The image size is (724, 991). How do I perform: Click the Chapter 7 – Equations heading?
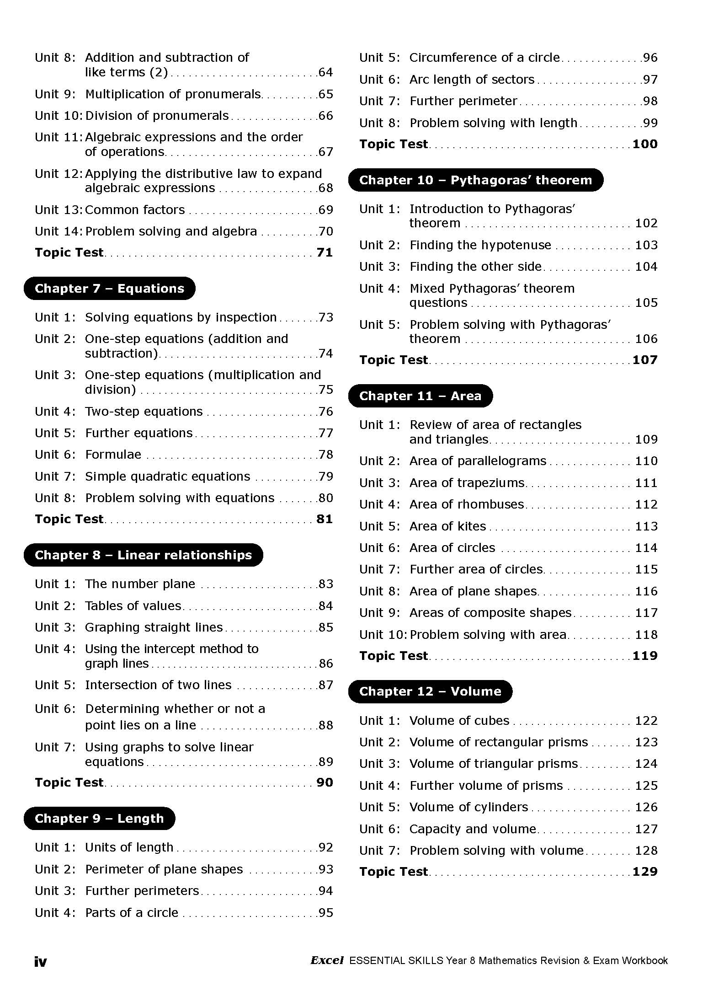coord(109,289)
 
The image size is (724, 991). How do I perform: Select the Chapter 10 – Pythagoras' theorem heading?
coord(475,180)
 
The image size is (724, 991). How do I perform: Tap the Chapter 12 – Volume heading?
coord(430,691)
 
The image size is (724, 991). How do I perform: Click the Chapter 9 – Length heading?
coord(99,819)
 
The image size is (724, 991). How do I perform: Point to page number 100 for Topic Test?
coord(644,144)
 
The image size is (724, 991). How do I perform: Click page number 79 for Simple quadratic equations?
coord(325,477)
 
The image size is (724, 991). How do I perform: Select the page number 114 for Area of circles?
coord(646,548)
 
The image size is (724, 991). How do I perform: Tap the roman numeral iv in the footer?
coord(40,962)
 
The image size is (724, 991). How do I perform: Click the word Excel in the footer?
coord(327,961)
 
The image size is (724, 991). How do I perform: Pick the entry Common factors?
coord(135,210)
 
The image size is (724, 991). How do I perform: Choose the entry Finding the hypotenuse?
coord(480,245)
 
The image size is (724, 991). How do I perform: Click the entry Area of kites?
coord(447,526)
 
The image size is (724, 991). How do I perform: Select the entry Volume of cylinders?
coord(468,807)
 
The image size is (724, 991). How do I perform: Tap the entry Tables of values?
coord(133,606)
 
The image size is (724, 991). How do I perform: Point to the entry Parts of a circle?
coord(132,913)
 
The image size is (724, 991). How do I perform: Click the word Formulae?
coord(113,455)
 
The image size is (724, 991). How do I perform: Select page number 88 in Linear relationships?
coord(325,725)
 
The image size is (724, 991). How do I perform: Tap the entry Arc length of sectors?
coord(472,80)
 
